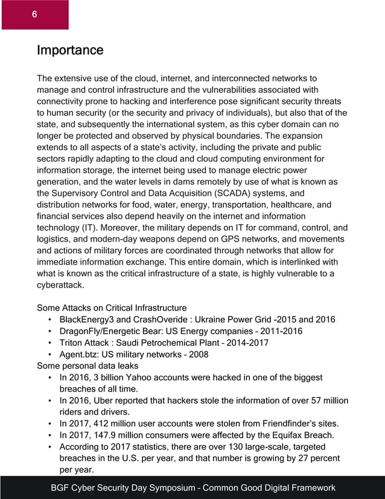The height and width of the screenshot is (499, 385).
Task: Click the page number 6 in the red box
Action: (x=34, y=14)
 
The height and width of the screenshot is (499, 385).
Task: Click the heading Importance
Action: (x=70, y=50)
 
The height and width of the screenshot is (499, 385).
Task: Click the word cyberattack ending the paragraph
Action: (x=60, y=285)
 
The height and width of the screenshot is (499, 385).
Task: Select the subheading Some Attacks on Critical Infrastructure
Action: (x=112, y=308)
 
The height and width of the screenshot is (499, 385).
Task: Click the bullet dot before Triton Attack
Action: (x=49, y=343)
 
